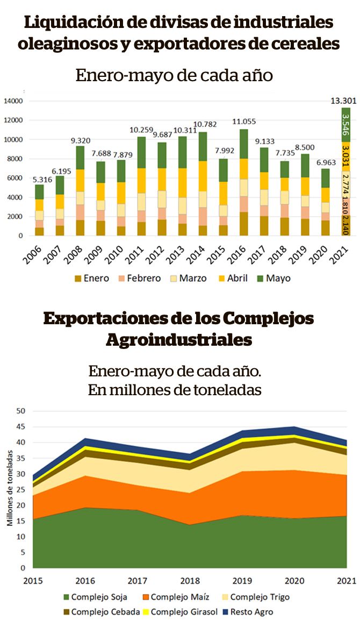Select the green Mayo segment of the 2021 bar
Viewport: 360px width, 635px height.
point(345,124)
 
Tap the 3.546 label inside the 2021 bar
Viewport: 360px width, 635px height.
point(345,124)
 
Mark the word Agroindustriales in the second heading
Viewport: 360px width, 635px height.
point(179,340)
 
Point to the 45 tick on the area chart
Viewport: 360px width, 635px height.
point(21,427)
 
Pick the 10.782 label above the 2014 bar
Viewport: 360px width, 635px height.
point(202,125)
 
